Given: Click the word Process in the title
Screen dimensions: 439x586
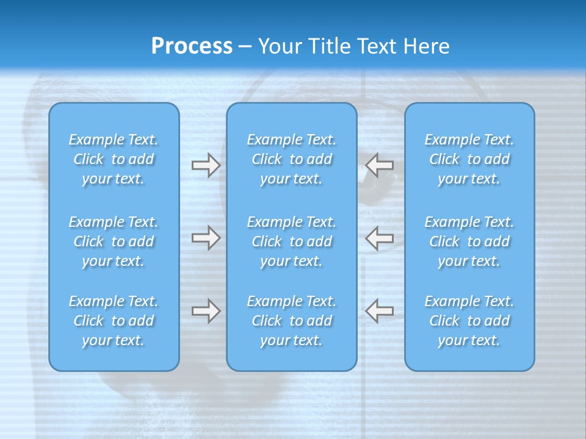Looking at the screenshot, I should pos(192,46).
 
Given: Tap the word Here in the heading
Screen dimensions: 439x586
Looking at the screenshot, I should pos(427,46).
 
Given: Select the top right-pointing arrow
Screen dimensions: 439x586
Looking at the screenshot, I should pos(206,165).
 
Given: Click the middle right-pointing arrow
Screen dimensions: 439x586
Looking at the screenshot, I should pos(206,238).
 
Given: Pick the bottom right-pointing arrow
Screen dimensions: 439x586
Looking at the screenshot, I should pos(206,311).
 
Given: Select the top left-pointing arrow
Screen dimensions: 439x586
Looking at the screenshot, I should pos(380,165).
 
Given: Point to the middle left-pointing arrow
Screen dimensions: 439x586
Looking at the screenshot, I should pos(380,237).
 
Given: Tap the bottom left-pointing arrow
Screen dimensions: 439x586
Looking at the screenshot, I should pos(380,310).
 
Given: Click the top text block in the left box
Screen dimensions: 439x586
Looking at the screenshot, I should pos(114,159).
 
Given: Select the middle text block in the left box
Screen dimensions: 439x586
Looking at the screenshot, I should pos(114,241).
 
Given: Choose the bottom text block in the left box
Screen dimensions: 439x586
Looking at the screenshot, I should pos(114,321).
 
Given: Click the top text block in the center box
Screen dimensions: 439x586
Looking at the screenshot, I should pos(291,159).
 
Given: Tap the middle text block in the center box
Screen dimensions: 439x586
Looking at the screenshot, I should pos(291,241).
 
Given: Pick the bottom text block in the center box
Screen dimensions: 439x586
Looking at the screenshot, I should pos(291,321).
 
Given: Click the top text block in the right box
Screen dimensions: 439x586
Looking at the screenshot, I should pos(469,159).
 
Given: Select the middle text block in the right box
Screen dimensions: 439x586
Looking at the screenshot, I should pos(469,241).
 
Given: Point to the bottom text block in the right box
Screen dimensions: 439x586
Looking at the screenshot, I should pos(469,321).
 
